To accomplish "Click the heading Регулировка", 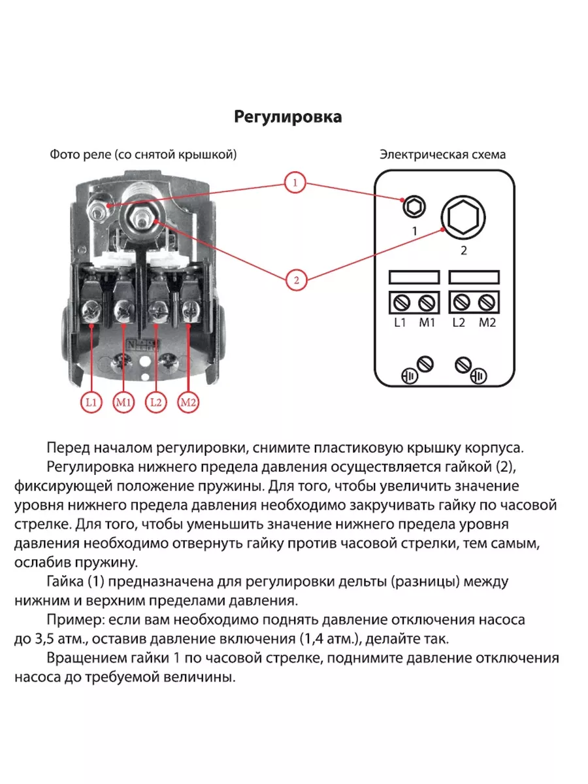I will [288, 117].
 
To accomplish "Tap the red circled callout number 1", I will [295, 182].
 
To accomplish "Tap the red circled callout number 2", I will [295, 280].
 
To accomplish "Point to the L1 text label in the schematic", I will [400, 323].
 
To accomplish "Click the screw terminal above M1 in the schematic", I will [426, 302].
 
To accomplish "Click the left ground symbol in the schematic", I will [410, 377].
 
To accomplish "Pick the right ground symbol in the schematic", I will [479, 377].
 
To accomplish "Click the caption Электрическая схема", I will [442, 155].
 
